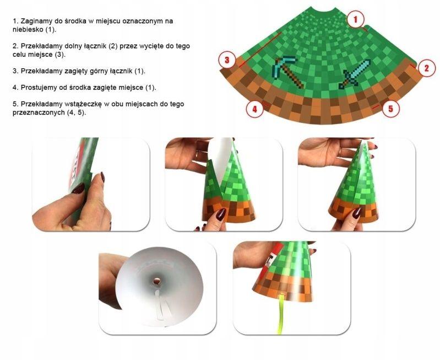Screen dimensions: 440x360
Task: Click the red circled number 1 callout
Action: tap(355, 19)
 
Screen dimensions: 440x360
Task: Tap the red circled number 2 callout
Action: tap(427, 68)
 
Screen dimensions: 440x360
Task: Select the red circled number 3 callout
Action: tap(227, 60)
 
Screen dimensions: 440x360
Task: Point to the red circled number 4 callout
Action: tap(254, 109)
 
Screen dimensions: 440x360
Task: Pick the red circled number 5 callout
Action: tap(390, 109)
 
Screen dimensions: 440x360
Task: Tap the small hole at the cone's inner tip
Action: tap(156, 281)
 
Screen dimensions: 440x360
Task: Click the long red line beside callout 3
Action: tap(260, 50)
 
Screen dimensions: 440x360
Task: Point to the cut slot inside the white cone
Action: tap(162, 307)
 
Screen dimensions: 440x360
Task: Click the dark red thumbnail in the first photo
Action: tap(78, 189)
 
